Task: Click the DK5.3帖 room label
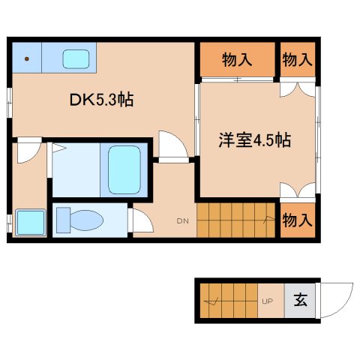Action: (103, 100)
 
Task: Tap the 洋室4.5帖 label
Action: (255, 140)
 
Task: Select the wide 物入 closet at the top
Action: (236, 60)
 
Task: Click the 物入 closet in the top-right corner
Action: (298, 60)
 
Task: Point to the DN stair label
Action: (182, 220)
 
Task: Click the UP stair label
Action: (266, 302)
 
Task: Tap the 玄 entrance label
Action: (300, 301)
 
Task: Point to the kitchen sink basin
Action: (75, 58)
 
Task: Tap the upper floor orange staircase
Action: (236, 220)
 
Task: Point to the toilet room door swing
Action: (139, 220)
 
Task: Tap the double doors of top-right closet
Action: (298, 88)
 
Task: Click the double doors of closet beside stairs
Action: (298, 190)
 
